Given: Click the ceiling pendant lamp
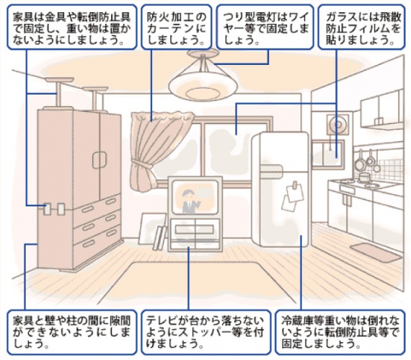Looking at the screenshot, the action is [x=203, y=79].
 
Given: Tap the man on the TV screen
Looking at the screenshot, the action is [x=190, y=201].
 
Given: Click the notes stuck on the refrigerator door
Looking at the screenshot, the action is [x=292, y=196].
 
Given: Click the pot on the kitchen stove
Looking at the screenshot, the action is [x=364, y=177].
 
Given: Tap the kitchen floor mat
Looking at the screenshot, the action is [x=376, y=253].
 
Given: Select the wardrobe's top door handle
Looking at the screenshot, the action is [x=100, y=160].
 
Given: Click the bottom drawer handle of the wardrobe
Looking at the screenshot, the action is [x=89, y=243].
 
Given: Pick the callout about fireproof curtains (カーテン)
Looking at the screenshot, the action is [x=177, y=27].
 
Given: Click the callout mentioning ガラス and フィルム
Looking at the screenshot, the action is [x=361, y=27].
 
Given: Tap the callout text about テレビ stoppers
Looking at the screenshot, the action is [x=205, y=332].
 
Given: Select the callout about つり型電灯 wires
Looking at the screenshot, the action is [x=265, y=27].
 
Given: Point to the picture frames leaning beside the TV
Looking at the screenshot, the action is [x=153, y=229].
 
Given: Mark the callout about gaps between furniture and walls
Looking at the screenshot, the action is [x=71, y=332].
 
